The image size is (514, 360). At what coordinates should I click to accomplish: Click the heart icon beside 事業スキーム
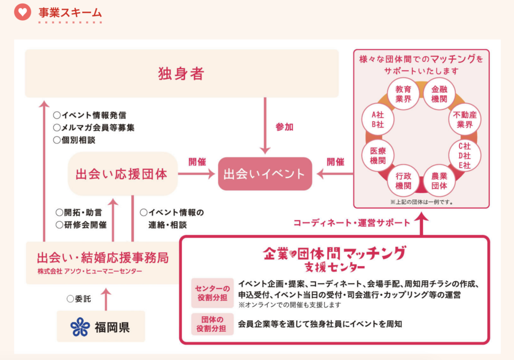pyautogui.click(x=23, y=12)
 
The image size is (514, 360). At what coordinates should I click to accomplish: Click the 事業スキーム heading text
pyautogui.click(x=70, y=13)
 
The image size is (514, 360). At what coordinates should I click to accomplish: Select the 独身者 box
pyautogui.click(x=182, y=73)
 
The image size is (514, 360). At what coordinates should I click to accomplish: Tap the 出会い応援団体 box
pyautogui.click(x=122, y=174)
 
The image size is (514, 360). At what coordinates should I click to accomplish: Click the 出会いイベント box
pyautogui.click(x=265, y=174)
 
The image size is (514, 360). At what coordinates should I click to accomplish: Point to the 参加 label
pyautogui.click(x=284, y=127)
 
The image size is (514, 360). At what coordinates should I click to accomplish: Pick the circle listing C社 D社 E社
pyautogui.click(x=464, y=156)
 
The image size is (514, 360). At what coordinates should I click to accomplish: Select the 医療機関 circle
pyautogui.click(x=377, y=156)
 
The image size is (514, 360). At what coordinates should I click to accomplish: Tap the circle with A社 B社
pyautogui.click(x=377, y=119)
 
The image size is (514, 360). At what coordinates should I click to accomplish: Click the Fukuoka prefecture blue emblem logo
pyautogui.click(x=80, y=327)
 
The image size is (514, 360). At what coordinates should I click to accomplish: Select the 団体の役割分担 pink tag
pyautogui.click(x=212, y=324)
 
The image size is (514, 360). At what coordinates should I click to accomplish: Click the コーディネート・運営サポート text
pyautogui.click(x=352, y=222)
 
